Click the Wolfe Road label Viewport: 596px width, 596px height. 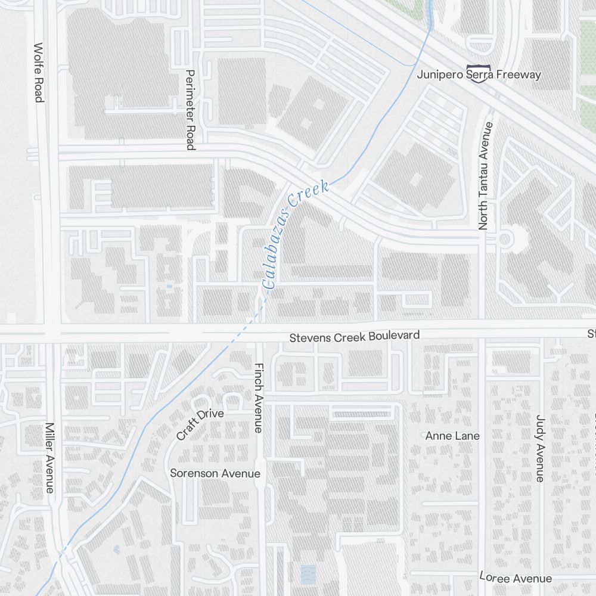coord(39,72)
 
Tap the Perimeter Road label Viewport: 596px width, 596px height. coord(190,110)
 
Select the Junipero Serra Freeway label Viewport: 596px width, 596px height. coord(479,74)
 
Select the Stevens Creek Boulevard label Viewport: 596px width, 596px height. coord(354,337)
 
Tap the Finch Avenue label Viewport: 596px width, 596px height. coord(259,398)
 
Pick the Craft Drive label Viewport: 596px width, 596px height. coord(200,425)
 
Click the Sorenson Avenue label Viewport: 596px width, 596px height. coord(215,473)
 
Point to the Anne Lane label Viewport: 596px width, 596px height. coord(452,436)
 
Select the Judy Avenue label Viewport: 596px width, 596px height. coord(540,448)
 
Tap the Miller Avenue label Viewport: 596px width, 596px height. coord(50,458)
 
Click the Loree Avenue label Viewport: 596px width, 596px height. coord(516,578)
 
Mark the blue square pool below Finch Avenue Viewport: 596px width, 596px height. coord(308,575)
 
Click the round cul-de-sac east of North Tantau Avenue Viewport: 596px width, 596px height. coord(505,240)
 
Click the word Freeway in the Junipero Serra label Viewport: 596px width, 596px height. coord(519,74)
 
